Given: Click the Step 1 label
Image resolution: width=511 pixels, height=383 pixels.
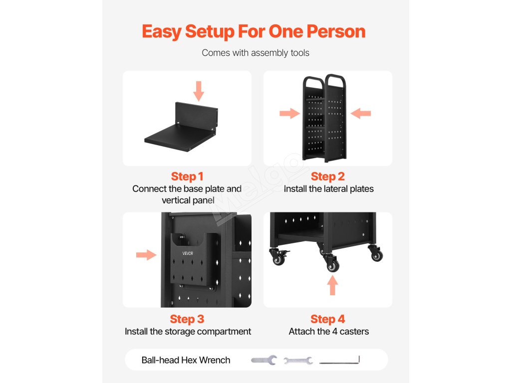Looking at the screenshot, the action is point(187,177).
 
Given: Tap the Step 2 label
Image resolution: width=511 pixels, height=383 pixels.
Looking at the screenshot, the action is point(328,177).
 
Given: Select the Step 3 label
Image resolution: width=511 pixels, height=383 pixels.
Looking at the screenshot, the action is point(187,319).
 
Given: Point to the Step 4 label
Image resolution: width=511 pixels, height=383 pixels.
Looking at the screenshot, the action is point(328,319).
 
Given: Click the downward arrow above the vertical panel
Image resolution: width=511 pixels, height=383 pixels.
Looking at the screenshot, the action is point(199,91).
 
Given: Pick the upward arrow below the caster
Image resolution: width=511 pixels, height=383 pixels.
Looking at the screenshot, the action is point(333,286).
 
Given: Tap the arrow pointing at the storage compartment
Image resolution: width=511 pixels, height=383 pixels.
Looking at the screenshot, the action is point(146,255).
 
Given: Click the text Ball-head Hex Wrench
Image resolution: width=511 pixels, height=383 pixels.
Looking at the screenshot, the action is point(186,360).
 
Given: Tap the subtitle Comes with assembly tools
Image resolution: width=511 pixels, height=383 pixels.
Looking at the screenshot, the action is point(255,53).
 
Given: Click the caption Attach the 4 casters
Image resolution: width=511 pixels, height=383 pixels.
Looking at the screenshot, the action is point(329,331).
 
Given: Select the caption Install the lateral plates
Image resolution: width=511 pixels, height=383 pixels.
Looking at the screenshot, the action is point(329,189).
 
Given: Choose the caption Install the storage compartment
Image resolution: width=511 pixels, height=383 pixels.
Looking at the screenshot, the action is point(188,331).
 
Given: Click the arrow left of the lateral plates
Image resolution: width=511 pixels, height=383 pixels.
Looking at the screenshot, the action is point(289,114).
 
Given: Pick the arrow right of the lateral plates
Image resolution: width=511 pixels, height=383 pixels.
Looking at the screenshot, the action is point(361,114).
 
